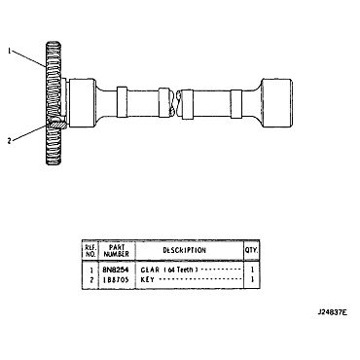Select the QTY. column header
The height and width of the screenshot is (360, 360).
[251, 250]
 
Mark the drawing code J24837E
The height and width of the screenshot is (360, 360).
[331, 314]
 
